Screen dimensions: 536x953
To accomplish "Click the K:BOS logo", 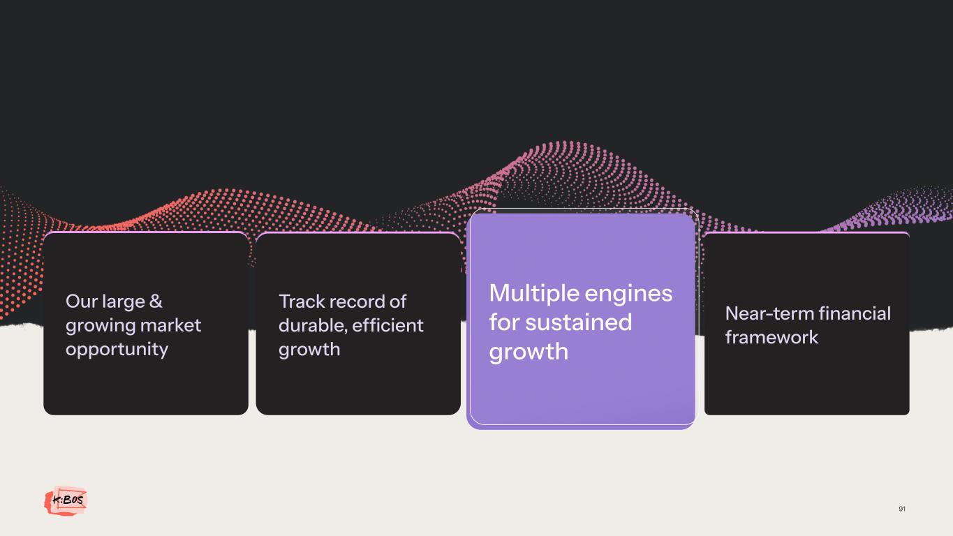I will (66, 500).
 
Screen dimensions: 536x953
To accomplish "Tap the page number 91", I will (902, 509).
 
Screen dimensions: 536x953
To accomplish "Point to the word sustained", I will (579, 322).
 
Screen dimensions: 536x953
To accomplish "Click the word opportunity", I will (117, 350).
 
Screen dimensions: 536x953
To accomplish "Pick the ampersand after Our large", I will (156, 301).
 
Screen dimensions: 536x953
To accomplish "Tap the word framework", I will (771, 337).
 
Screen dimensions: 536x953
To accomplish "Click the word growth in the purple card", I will (529, 352).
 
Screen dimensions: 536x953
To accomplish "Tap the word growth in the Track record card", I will (309, 350).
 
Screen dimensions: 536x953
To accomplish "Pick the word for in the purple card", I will (504, 322).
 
